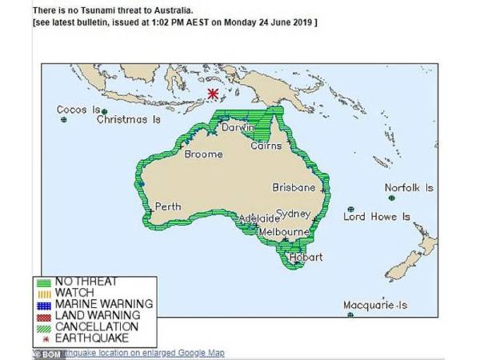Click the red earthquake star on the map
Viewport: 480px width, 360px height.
click(212, 94)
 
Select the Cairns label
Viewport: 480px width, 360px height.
click(266, 146)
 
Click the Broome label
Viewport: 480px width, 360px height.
click(203, 154)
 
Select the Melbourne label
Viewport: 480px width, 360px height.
click(284, 232)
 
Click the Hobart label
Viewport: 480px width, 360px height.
click(306, 258)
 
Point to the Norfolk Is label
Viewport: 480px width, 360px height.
click(409, 188)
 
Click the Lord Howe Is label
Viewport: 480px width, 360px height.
click(376, 217)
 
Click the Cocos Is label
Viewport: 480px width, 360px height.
click(78, 110)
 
